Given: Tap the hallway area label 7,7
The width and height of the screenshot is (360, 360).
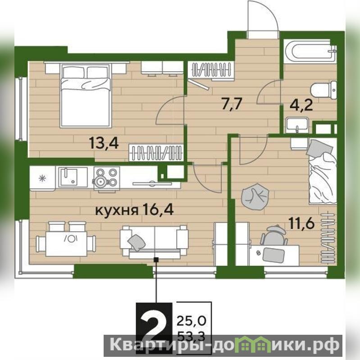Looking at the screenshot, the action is click(x=232, y=104).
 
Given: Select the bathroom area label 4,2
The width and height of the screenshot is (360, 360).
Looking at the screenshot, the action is click(x=301, y=105).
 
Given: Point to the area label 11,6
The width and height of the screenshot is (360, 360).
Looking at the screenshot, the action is click(x=301, y=223).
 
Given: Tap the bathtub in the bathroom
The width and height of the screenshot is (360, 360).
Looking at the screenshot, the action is click(x=310, y=51).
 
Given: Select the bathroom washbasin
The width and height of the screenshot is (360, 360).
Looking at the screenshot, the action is click(x=297, y=125).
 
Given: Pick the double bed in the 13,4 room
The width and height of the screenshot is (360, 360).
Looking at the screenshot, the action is click(x=86, y=95).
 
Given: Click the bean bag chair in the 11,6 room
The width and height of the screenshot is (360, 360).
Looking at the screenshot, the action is click(x=255, y=197).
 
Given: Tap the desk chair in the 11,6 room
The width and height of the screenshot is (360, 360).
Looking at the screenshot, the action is click(x=274, y=235).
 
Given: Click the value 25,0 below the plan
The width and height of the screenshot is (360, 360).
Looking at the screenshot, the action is click(x=191, y=321).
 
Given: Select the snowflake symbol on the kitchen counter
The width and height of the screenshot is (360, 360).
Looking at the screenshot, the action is click(x=42, y=178).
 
